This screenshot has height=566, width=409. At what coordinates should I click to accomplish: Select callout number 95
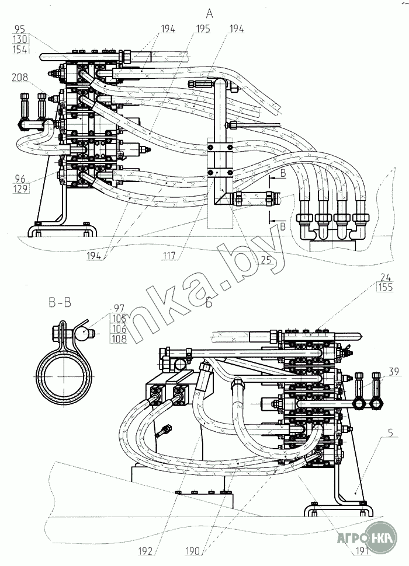[x=20, y=29]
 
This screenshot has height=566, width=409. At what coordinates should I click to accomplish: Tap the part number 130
[x=20, y=39]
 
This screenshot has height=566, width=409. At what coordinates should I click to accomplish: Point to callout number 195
[x=203, y=29]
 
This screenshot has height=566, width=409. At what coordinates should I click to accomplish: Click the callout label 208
[x=20, y=77]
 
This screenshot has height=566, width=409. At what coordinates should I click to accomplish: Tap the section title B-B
[x=61, y=302]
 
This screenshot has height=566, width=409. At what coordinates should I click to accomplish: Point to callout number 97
[x=120, y=307]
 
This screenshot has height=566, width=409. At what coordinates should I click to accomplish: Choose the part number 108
[x=120, y=339]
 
